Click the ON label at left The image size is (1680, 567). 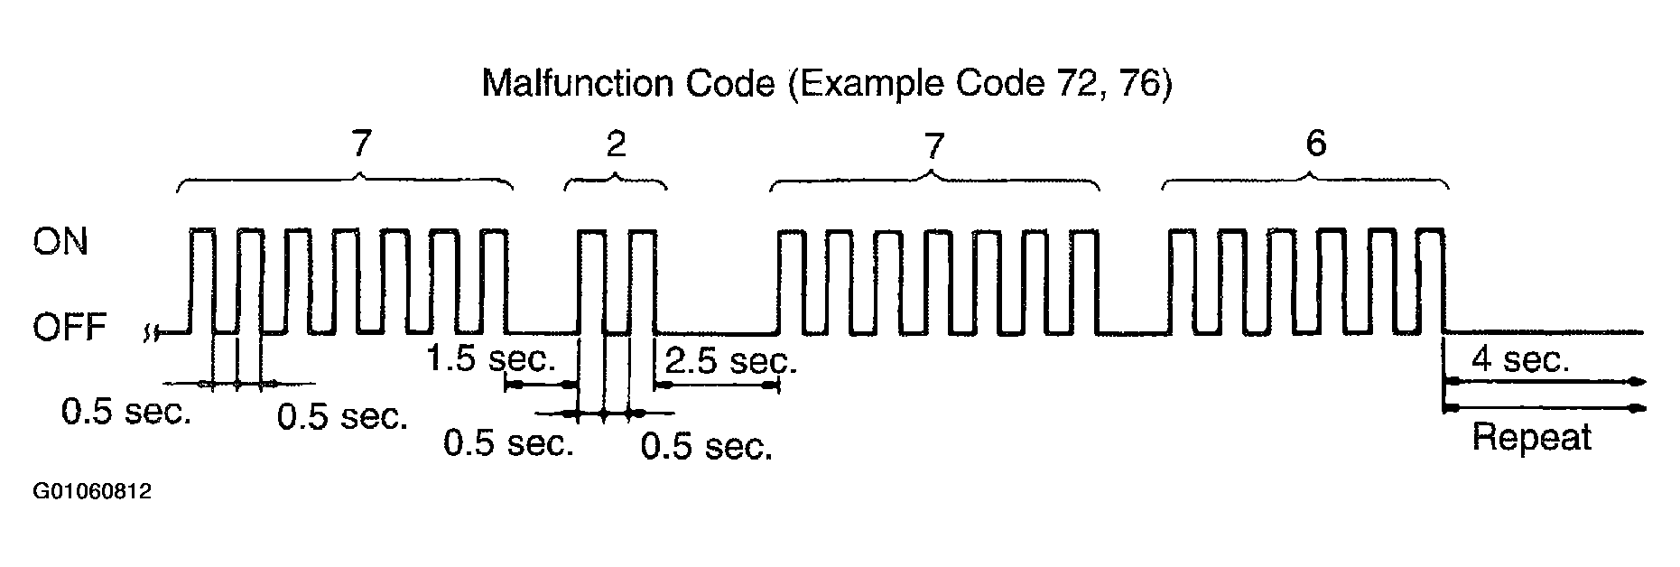point(60,242)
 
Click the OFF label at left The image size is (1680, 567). point(70,328)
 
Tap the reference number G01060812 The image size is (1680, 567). point(92,492)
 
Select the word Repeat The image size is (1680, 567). point(1531,438)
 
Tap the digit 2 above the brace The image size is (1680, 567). point(616,144)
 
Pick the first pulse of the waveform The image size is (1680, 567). point(202,280)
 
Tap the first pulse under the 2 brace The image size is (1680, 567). point(591,280)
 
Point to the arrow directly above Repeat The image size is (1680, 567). point(1544,408)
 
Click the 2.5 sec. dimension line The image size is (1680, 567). point(716,386)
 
